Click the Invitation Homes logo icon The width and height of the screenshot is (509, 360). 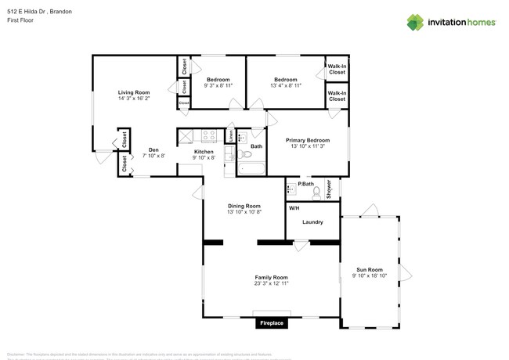point(415,22)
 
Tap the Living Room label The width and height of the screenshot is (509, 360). point(134,92)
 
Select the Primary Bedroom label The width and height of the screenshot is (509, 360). point(308,140)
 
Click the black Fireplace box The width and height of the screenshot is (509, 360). point(272,322)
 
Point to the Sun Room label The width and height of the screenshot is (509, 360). point(369,269)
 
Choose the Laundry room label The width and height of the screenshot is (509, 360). point(312,222)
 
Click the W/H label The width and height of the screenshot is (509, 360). point(294,208)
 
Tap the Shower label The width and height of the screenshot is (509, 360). point(329,189)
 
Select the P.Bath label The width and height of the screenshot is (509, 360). point(305,185)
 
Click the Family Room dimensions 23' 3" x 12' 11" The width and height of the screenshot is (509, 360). point(271,283)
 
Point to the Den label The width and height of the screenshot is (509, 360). point(153,149)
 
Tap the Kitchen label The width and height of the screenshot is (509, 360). point(204,152)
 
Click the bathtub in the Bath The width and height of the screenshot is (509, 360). point(252,167)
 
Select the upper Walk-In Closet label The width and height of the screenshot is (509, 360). point(337,70)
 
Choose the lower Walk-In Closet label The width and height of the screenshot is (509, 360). point(337,96)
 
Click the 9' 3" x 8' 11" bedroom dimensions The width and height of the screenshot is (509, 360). point(218,86)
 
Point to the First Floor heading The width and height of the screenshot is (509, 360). point(22,21)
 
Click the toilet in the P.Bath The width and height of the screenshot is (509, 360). point(316,191)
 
